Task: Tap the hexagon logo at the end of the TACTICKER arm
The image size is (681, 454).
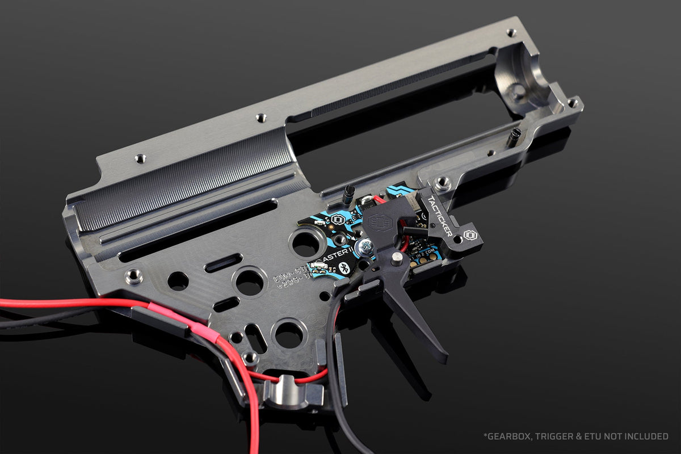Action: [469, 235]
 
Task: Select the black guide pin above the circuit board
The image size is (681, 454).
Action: [347, 194]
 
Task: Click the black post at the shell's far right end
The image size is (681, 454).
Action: [514, 136]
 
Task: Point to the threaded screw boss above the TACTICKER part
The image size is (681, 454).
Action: [443, 183]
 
